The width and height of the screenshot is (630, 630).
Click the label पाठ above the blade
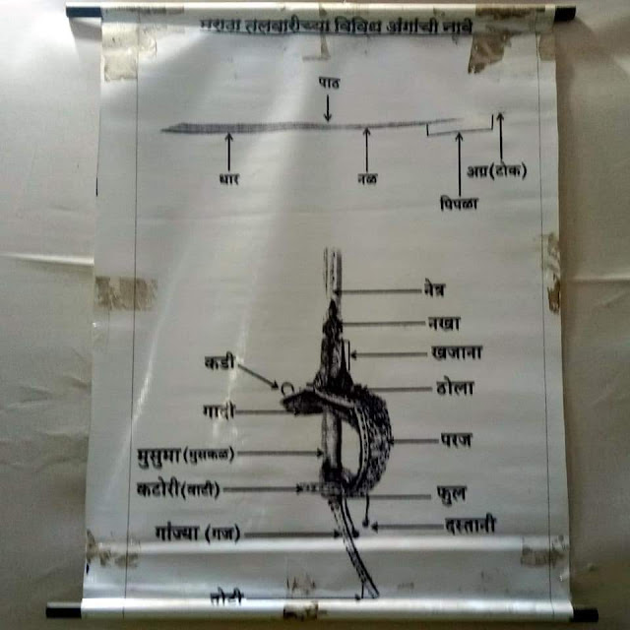pyautogui.click(x=328, y=86)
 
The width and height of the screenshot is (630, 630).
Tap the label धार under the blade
pyautogui.click(x=229, y=180)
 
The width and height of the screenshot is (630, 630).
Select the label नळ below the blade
pyautogui.click(x=367, y=179)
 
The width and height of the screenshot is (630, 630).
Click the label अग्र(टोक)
pyautogui.click(x=499, y=170)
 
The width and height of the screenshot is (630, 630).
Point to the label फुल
pyautogui.click(x=450, y=490)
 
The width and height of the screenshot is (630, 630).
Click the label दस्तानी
pyautogui.click(x=468, y=526)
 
